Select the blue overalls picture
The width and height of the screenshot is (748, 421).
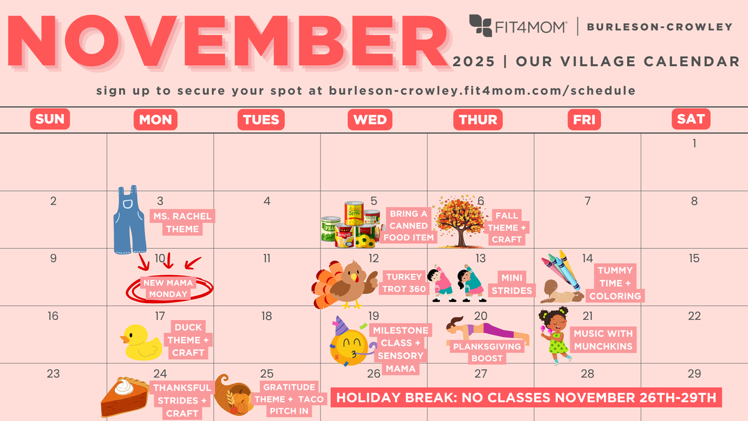(x=130, y=221)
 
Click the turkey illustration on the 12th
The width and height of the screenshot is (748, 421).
(x=344, y=284)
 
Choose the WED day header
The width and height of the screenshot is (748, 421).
(x=370, y=119)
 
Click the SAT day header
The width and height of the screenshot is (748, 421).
(x=691, y=119)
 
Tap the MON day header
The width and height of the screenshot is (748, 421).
(x=156, y=119)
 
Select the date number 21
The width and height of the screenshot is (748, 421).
(x=587, y=316)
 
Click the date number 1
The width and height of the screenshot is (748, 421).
(x=694, y=143)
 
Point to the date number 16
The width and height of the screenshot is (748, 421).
(x=53, y=316)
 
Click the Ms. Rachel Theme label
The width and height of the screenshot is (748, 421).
(x=183, y=223)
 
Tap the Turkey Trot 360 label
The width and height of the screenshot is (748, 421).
(x=405, y=283)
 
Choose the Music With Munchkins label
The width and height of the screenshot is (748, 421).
(x=603, y=340)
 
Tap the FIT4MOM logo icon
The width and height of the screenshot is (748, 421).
(x=481, y=26)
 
